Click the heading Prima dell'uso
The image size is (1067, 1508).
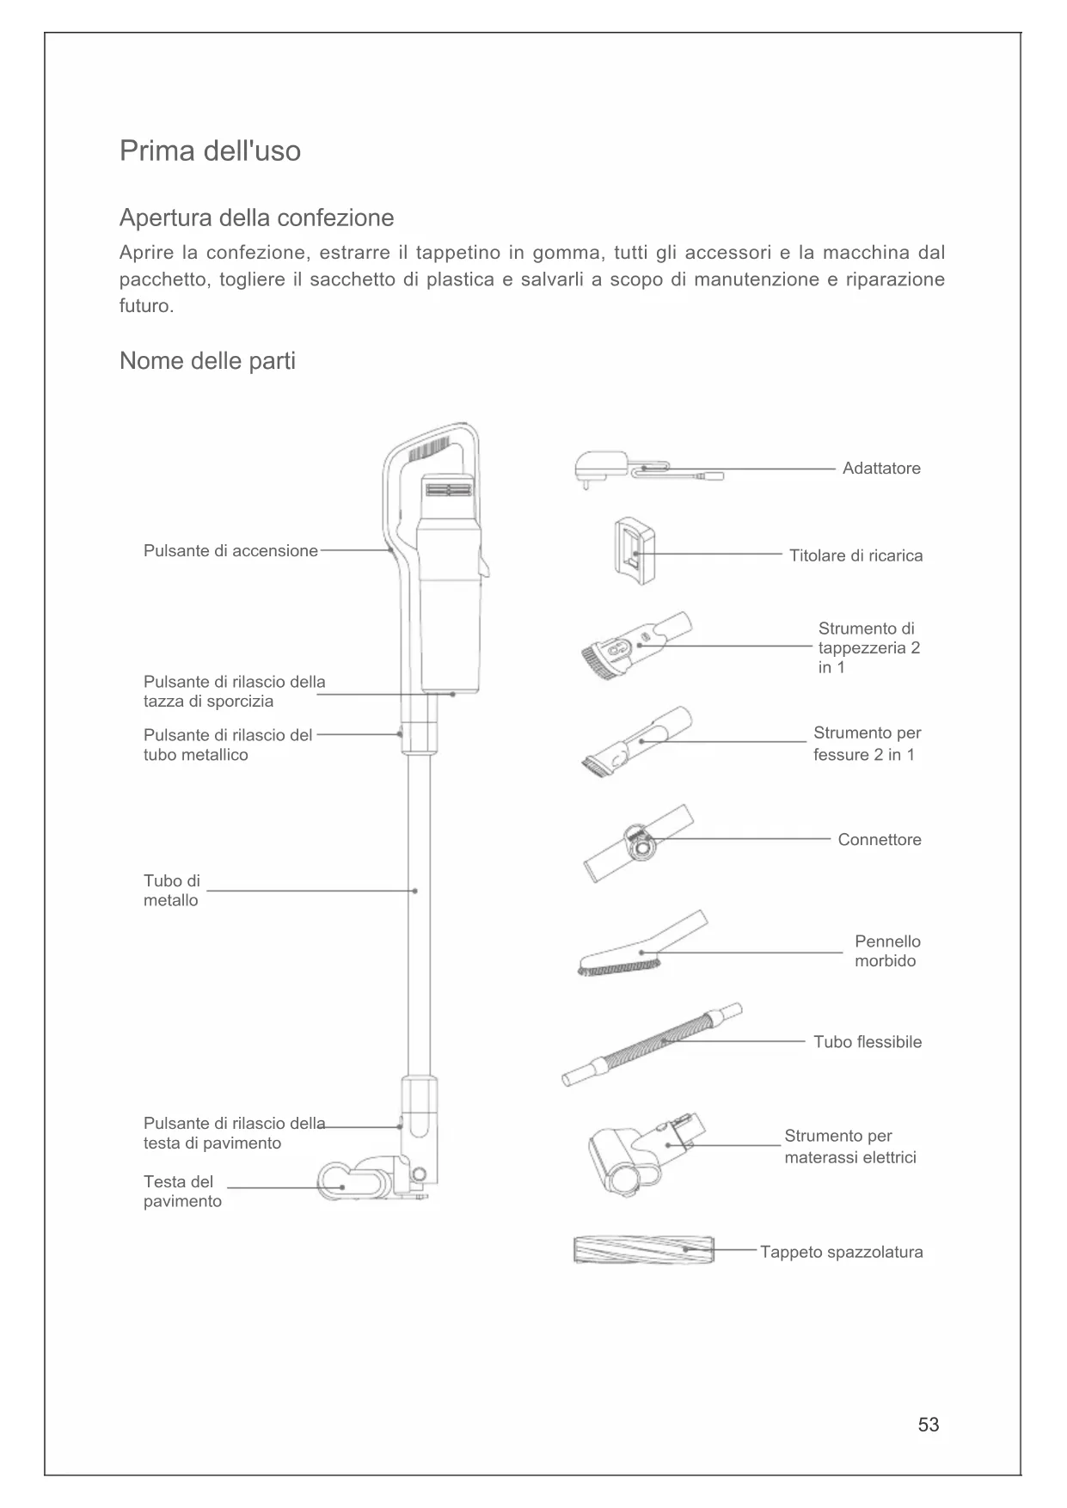[x=210, y=151]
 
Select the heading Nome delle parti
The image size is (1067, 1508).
[x=207, y=361]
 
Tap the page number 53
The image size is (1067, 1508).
[x=929, y=1425]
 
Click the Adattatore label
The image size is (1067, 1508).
[x=881, y=469]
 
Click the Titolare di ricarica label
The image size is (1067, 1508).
[x=855, y=555]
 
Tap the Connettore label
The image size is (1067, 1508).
[x=880, y=840]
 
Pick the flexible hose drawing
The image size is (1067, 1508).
[x=652, y=1045]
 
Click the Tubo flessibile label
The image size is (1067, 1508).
[x=868, y=1042]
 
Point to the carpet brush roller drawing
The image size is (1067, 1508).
[x=643, y=1249]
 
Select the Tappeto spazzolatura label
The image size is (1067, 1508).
[x=841, y=1253]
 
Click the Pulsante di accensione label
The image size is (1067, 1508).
[x=230, y=551]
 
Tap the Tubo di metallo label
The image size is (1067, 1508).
[x=171, y=891]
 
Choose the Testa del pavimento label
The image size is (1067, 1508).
[x=182, y=1192]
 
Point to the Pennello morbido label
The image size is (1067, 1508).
[x=886, y=952]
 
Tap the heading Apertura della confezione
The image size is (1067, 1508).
[x=256, y=218]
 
